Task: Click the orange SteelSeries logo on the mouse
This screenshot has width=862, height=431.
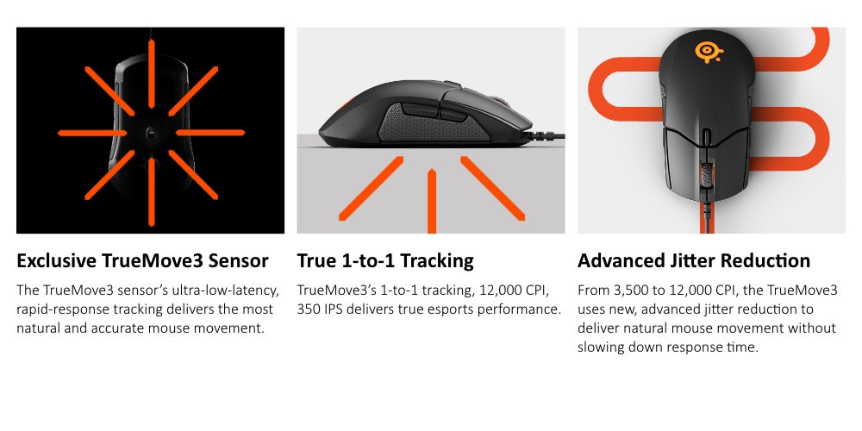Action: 709,53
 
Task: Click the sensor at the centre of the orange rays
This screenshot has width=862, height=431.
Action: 151,132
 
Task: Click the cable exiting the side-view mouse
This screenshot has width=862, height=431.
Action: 544,135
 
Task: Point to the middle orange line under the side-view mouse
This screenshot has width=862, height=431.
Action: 432,201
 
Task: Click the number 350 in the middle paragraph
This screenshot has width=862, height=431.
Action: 309,309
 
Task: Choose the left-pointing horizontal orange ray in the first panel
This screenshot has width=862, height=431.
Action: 92,133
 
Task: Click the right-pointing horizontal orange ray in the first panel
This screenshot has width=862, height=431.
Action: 210,133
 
